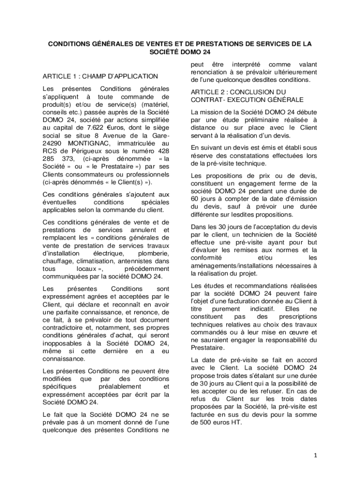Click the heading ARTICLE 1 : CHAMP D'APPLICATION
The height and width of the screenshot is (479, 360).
[100, 76]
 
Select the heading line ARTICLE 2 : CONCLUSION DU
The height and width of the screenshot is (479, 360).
[238, 92]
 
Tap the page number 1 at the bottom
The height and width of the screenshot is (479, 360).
[316, 455]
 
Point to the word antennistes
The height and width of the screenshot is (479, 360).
[137, 261]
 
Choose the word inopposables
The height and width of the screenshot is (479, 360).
[64, 343]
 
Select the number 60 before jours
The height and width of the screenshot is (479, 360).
[195, 198]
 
